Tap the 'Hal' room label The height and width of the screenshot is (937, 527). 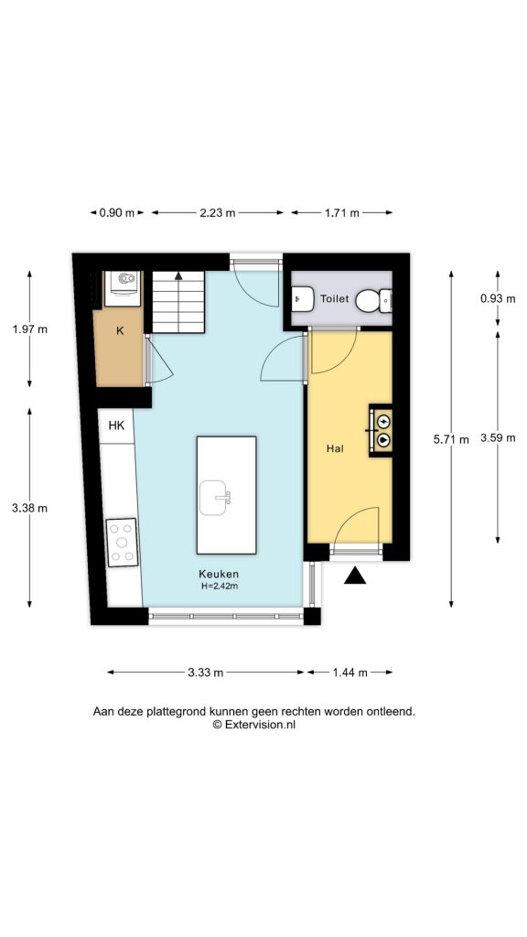(336, 448)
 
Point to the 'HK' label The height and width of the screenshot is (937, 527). (116, 425)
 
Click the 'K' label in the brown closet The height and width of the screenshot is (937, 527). (120, 331)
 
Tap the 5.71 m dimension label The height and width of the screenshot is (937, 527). (450, 438)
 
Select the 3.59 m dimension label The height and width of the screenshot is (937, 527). (498, 438)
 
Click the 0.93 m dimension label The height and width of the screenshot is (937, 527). (498, 298)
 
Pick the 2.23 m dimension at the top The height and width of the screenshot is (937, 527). (218, 212)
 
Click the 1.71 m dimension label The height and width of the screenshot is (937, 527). (342, 212)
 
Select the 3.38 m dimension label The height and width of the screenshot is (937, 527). (31, 508)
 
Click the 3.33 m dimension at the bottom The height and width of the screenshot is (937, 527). (206, 673)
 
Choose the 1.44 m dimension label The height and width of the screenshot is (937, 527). (350, 673)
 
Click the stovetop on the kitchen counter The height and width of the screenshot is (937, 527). (122, 542)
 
